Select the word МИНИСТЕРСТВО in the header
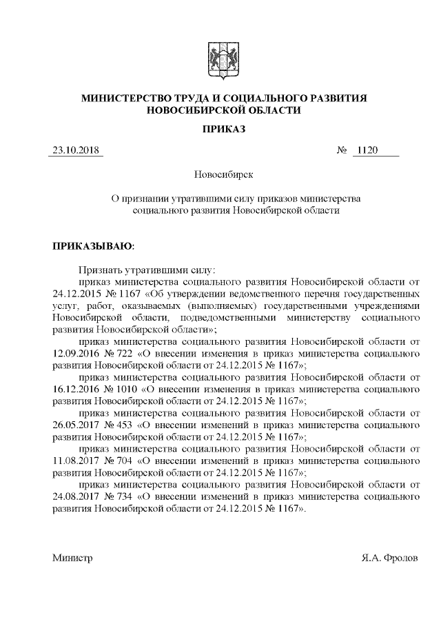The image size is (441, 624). click(125, 99)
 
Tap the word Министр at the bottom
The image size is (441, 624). click(72, 556)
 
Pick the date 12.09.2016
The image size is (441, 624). click(75, 353)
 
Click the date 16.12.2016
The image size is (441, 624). click(75, 389)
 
